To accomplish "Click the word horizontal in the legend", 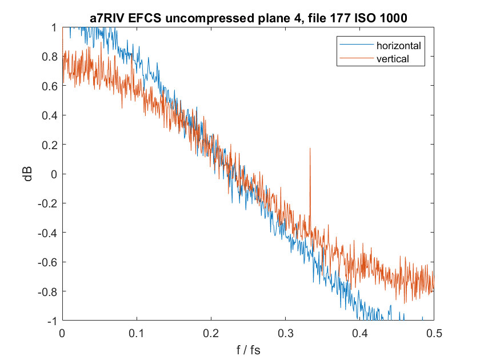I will [x=398, y=45].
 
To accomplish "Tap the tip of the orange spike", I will [x=310, y=148].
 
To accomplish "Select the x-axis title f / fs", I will [x=247, y=349].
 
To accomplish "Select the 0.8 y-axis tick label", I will [x=49, y=57].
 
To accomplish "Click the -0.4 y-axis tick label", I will [x=47, y=233].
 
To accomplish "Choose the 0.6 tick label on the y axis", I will [x=49, y=86].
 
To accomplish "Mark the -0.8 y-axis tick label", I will [x=47, y=291].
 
